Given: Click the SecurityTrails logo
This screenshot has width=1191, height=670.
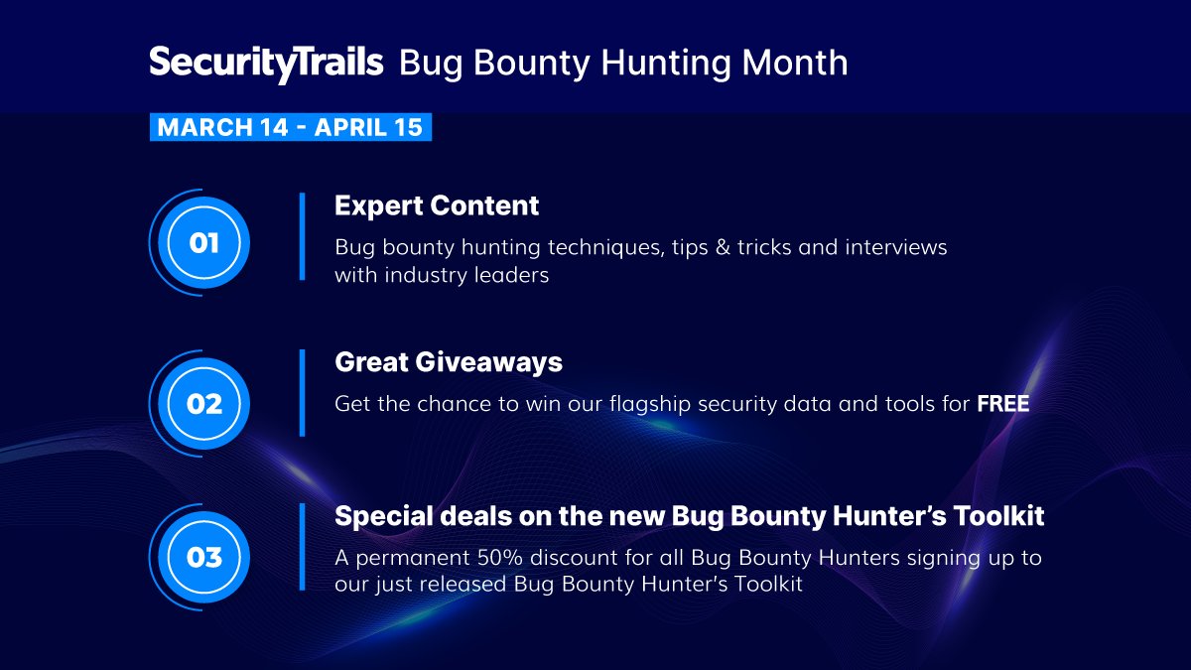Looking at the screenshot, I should (266, 63).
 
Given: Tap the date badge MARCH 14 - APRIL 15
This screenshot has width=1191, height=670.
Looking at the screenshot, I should (290, 127).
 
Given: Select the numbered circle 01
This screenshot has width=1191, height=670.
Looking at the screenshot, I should (204, 242).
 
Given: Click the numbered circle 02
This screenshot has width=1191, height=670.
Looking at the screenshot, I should (204, 403).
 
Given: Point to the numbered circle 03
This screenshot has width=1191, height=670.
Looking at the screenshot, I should (204, 557).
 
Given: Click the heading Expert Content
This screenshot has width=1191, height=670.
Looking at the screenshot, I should (437, 205).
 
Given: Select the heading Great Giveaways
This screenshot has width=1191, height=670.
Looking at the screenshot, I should (449, 362).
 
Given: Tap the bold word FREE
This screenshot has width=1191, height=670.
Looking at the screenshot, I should (1002, 404).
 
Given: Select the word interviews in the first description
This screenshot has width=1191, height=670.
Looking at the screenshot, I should (896, 246).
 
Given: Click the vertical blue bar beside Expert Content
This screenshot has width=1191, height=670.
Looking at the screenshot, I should (302, 236).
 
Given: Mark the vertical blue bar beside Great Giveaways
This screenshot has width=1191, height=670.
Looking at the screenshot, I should (302, 392).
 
